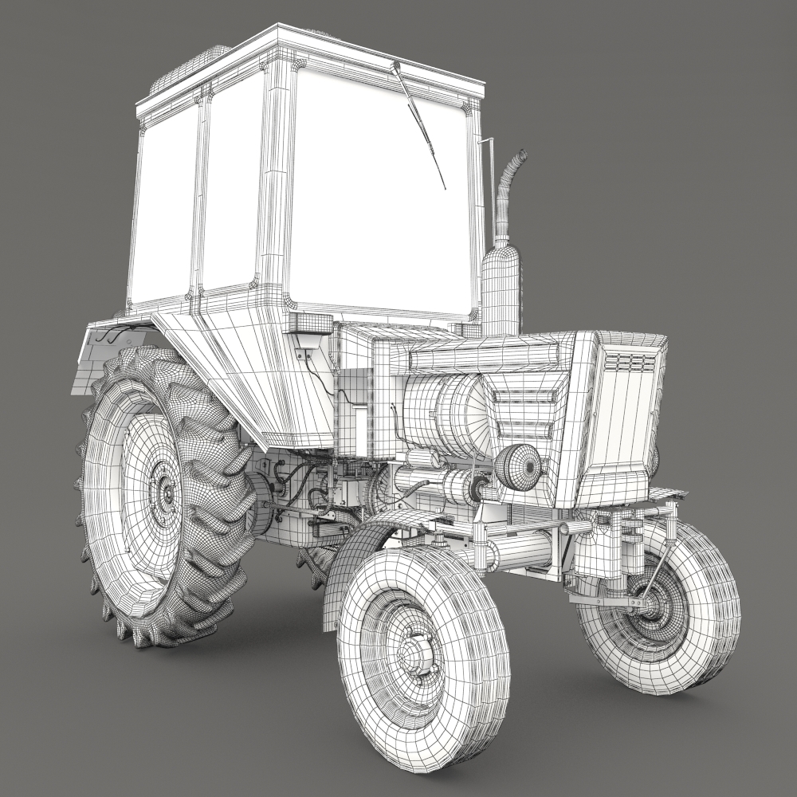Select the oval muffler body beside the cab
(x=501, y=291)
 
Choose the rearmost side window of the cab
(x=163, y=207)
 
